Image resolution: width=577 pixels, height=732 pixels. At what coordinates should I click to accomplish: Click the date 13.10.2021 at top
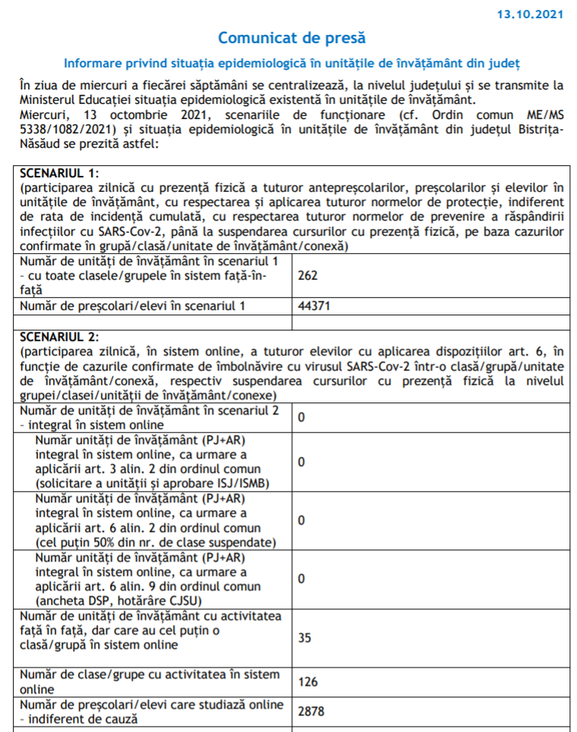coord(529,14)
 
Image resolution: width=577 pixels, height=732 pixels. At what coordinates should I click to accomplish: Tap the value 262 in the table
coord(308,275)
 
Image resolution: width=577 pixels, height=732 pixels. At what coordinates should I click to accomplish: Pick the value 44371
coord(313,306)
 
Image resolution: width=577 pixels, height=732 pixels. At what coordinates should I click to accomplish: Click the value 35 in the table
coord(305,637)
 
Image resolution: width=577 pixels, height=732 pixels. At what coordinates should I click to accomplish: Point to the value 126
coord(308,682)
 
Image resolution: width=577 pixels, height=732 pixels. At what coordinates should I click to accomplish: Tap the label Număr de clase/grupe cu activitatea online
coord(149,681)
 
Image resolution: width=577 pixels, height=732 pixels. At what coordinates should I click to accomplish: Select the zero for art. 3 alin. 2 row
coord(302,461)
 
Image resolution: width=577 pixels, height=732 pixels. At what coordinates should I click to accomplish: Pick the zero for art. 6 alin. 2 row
coord(302,521)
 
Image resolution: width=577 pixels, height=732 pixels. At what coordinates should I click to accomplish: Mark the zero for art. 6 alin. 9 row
coord(302,579)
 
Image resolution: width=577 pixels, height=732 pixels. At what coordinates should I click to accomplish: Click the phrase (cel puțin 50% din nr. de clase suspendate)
coord(154,542)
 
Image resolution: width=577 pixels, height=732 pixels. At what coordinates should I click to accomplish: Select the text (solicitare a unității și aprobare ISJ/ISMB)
coord(153,483)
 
